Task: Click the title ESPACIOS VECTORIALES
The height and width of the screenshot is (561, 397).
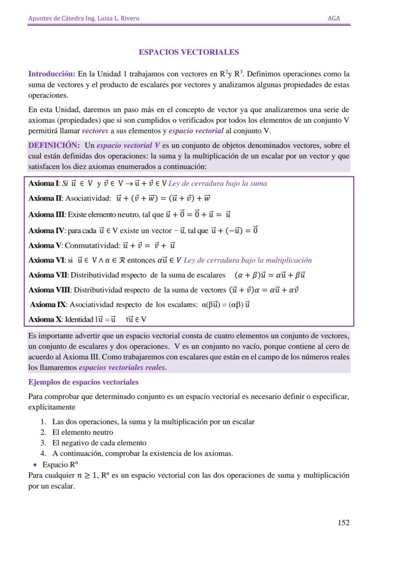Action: click(188, 52)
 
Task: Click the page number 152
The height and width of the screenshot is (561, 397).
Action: click(343, 523)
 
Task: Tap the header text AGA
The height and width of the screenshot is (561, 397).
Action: click(334, 18)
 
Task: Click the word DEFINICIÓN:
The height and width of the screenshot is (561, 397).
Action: click(54, 145)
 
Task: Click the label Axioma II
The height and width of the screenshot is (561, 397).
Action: click(46, 199)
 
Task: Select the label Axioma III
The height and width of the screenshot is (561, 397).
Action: click(47, 214)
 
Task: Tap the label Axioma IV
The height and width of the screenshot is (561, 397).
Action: click(47, 231)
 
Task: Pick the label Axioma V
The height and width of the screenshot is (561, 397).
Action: click(45, 245)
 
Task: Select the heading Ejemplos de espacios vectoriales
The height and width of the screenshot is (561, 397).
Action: click(83, 382)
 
